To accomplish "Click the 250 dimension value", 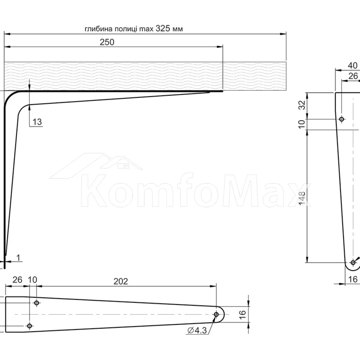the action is [107, 42].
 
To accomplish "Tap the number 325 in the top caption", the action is [163, 28].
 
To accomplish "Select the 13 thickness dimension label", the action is [37, 122].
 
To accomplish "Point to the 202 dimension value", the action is [121, 282].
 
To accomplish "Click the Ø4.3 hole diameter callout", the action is [197, 330].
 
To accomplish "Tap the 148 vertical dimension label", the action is [302, 198].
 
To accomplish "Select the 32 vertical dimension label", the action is [302, 105].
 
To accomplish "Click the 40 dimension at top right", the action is [353, 66].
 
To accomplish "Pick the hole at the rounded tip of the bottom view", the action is [216, 314].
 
